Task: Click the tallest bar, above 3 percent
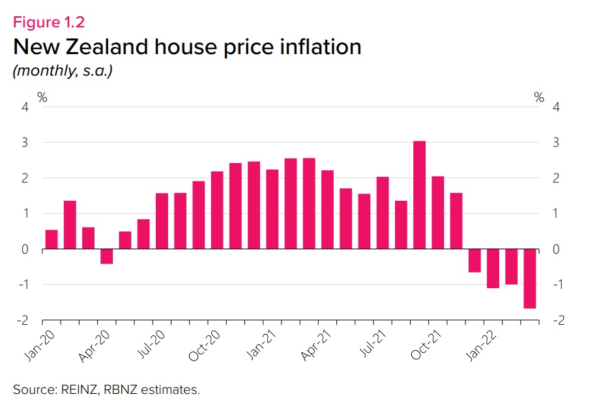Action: (420, 195)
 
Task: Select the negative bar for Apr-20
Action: (107, 256)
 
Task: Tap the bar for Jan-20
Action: (51, 239)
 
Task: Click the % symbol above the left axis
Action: (42, 98)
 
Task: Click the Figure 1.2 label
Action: (49, 22)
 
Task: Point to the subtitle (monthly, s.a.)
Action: (63, 71)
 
